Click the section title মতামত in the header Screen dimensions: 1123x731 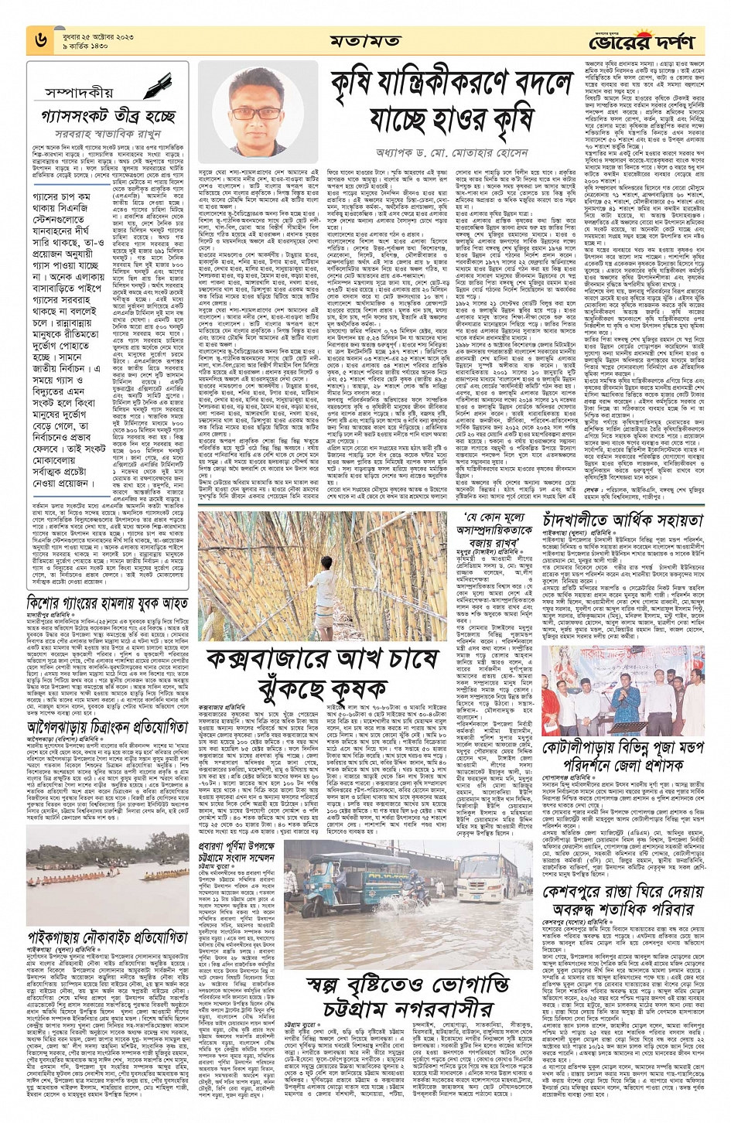364,40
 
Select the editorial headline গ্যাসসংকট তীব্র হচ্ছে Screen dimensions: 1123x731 108,117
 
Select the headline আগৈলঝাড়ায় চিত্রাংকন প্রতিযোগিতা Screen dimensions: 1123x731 108,728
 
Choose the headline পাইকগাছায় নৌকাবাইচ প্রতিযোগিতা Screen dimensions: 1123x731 108,937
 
